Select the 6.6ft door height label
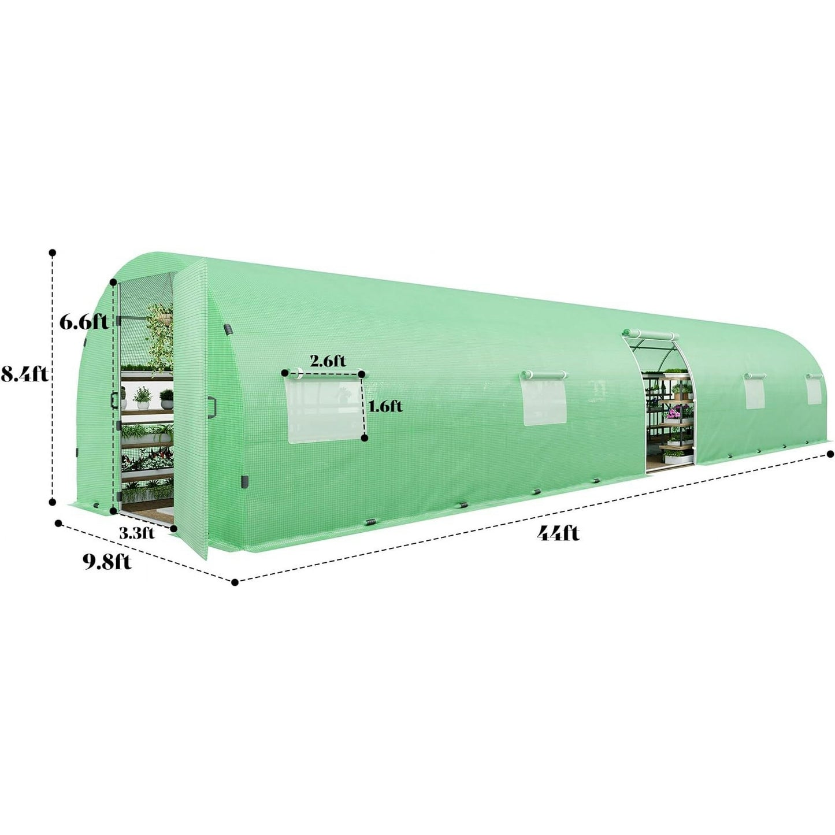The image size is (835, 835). pyautogui.click(x=84, y=322)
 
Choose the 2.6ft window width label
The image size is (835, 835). pyautogui.click(x=328, y=361)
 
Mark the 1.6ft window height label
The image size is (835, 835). pyautogui.click(x=385, y=406)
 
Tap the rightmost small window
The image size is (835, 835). pyautogui.click(x=814, y=391)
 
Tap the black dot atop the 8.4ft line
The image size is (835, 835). pyautogui.click(x=53, y=253)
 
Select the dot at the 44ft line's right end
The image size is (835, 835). pyautogui.click(x=831, y=453)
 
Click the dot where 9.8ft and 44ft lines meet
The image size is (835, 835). pyautogui.click(x=235, y=582)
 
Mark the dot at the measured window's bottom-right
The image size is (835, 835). pyautogui.click(x=364, y=439)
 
